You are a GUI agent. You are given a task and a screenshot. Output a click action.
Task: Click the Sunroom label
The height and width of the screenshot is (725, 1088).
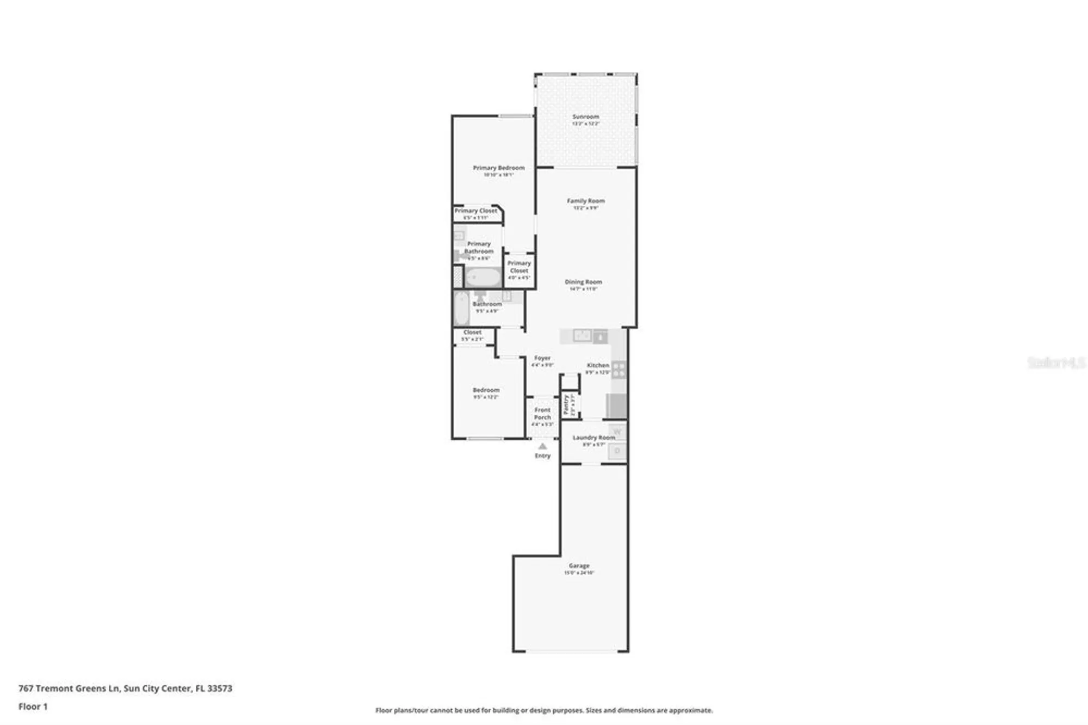click(585, 116)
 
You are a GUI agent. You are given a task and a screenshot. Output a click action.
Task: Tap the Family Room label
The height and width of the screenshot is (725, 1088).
click(585, 201)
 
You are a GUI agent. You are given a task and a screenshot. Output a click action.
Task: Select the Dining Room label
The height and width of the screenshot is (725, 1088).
click(583, 282)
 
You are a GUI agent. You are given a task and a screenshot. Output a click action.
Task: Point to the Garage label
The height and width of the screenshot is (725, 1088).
click(579, 566)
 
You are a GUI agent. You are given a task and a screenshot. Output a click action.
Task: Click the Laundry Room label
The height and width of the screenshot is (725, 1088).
click(594, 437)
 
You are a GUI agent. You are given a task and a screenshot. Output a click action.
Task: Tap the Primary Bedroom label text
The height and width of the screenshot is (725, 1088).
click(498, 168)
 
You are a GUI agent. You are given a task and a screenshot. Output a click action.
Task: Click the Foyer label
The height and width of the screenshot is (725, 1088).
click(542, 358)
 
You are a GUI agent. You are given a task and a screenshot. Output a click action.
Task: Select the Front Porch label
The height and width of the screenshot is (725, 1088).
click(542, 414)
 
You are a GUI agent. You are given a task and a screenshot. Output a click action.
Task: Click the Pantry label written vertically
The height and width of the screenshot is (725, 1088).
click(566, 405)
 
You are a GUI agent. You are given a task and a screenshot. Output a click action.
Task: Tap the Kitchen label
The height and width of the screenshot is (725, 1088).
click(597, 365)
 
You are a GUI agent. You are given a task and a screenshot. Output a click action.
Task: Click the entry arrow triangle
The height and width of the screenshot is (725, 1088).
click(542, 446)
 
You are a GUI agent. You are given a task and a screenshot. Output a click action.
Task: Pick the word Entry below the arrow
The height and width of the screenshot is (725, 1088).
click(542, 456)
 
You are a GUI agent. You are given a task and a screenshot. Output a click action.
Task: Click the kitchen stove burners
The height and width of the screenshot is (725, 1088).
click(619, 370)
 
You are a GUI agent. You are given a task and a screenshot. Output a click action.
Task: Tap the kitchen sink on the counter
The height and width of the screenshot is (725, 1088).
click(582, 336)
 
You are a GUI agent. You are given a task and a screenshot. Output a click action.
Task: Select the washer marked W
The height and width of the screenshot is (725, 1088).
click(617, 432)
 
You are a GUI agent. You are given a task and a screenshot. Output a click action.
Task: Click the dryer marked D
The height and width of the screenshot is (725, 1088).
click(617, 451)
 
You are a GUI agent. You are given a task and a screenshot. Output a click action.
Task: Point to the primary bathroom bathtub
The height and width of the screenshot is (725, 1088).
click(483, 278)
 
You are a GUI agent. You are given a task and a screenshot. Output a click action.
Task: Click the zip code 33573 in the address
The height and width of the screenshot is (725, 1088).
click(220, 688)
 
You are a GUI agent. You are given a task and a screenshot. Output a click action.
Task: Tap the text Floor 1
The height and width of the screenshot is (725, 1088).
click(33, 706)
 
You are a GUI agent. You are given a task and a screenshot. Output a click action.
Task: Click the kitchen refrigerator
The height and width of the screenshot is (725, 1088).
click(617, 405)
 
